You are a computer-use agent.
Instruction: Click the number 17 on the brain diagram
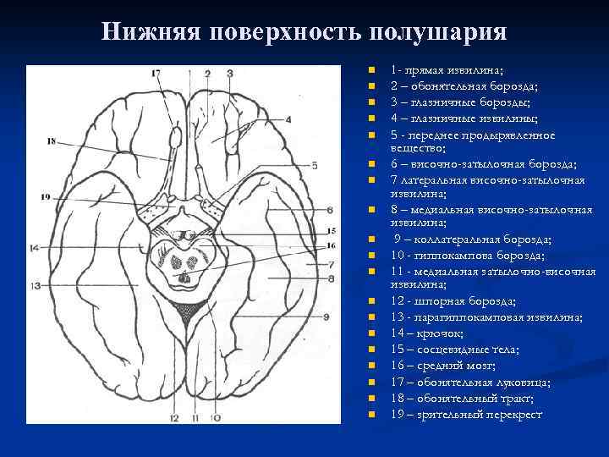(x=156, y=74)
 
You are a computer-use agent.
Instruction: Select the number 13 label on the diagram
(x=36, y=286)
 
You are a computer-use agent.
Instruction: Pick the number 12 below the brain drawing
(x=174, y=417)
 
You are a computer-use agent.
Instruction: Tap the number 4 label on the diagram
(x=288, y=120)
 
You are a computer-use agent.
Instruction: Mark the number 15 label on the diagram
(x=332, y=230)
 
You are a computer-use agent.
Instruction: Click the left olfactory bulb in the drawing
(x=176, y=135)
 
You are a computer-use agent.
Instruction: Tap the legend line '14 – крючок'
(x=431, y=333)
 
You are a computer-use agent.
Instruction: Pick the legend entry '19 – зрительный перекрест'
(x=466, y=414)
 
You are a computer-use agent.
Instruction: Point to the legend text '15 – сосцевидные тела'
(x=455, y=350)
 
